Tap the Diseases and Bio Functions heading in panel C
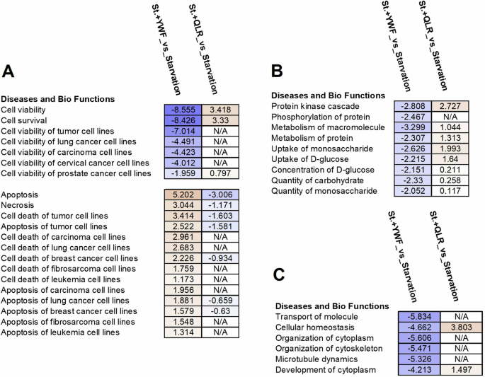pyautogui.click(x=329, y=306)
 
